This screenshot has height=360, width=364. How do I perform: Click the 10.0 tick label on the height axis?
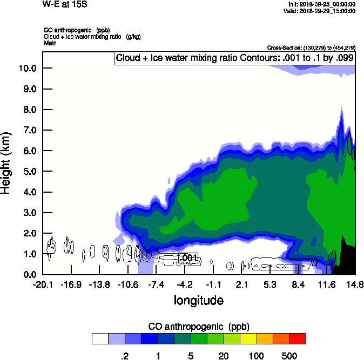tap(27, 68)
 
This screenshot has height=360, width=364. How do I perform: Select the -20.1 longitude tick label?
tap(43, 284)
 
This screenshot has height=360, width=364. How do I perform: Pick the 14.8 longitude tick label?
tap(355, 284)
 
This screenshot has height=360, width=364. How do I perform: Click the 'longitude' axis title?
tap(198, 300)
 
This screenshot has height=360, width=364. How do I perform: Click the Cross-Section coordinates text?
tap(311, 48)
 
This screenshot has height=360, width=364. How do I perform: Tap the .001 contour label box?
tap(188, 257)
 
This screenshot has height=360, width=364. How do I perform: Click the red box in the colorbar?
tap(298, 338)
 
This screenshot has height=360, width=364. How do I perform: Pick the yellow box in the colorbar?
tap(248, 338)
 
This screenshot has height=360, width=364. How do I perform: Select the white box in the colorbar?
tap(100, 338)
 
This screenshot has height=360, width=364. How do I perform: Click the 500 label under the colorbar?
tap(289, 356)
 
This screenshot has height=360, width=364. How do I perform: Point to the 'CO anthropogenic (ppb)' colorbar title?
tap(198, 327)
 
